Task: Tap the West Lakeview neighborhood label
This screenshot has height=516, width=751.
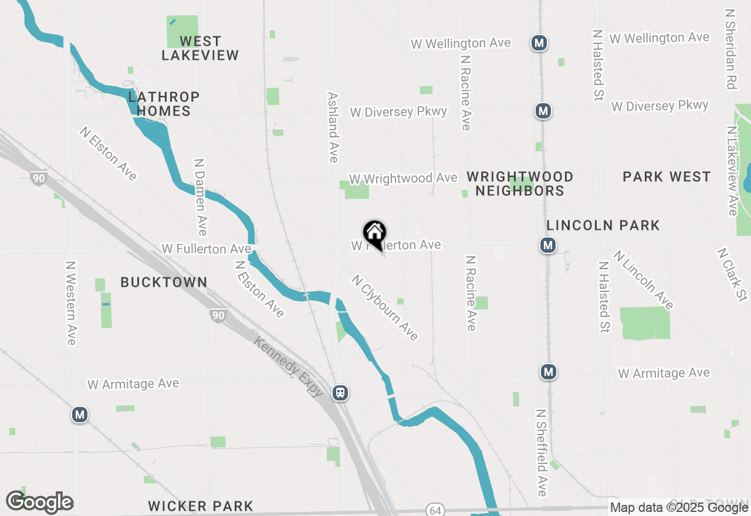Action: coord(200,48)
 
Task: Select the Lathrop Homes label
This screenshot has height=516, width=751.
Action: coord(164,104)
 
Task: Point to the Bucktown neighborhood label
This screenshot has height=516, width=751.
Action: coord(164,282)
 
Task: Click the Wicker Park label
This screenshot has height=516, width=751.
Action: coord(201,506)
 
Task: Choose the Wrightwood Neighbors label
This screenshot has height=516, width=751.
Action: coord(520,184)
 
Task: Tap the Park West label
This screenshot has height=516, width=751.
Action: coord(667,176)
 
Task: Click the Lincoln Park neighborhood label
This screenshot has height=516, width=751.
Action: coord(603,225)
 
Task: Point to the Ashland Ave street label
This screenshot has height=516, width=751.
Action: coord(333,127)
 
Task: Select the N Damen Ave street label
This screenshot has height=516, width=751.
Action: coord(200,196)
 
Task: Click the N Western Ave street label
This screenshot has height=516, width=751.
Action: coord(71,303)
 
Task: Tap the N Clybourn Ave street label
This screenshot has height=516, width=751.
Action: coord(385,308)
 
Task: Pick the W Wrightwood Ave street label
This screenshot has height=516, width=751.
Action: coord(402,178)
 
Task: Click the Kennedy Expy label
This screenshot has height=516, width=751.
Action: coord(288,366)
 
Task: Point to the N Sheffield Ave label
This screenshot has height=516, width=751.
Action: coord(542,453)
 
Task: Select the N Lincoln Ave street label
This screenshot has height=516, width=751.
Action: coord(644,280)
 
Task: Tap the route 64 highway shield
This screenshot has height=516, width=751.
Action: coord(435,510)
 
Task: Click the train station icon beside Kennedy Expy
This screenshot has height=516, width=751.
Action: coord(340,393)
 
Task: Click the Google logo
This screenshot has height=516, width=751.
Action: coord(39,503)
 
